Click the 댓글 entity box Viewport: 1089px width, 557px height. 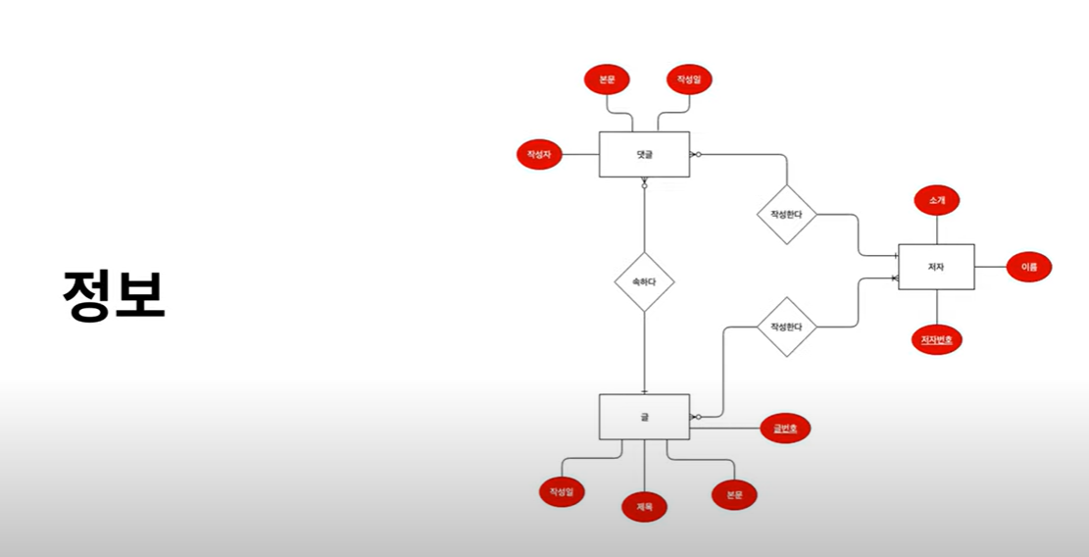click(644, 154)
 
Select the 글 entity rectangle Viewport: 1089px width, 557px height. click(644, 417)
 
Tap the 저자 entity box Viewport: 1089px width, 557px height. click(936, 267)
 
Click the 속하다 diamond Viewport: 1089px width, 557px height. click(644, 281)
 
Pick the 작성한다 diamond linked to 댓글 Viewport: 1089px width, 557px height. click(786, 215)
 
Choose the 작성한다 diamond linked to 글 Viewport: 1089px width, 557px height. click(786, 327)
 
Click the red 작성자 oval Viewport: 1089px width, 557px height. click(539, 154)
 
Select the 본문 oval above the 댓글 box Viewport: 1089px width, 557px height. click(607, 78)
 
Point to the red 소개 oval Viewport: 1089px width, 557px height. click(936, 200)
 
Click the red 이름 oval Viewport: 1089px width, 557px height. click(1028, 267)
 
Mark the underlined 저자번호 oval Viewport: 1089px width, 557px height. click(936, 339)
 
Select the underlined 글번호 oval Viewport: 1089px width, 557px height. click(785, 429)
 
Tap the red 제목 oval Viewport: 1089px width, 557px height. click(644, 506)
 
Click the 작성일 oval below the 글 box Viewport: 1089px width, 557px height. click(562, 491)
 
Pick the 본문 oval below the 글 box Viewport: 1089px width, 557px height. click(734, 495)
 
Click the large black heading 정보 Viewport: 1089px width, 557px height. click(114, 293)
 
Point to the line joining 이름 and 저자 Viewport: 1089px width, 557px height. click(990, 267)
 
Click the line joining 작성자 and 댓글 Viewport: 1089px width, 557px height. click(580, 154)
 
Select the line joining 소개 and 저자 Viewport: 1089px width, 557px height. click(936, 229)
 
